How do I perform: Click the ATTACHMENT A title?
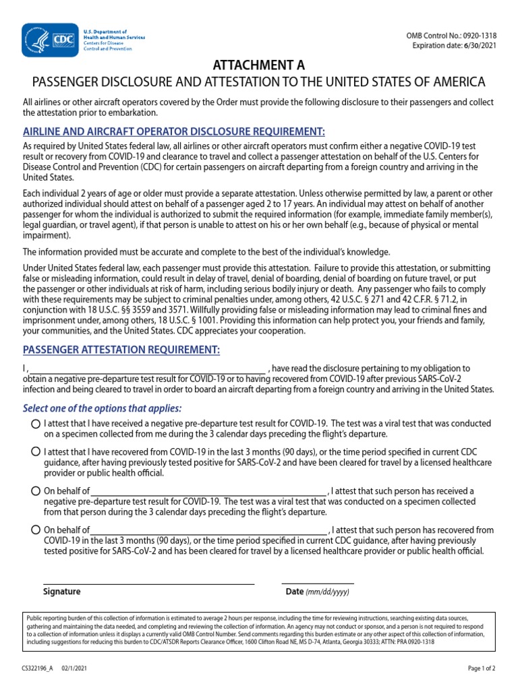(259, 65)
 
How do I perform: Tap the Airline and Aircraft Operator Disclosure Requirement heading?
(174, 131)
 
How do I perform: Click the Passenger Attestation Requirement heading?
(121, 350)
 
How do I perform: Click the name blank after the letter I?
(148, 369)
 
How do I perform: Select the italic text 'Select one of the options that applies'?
(103, 408)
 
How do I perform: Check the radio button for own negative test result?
(35, 424)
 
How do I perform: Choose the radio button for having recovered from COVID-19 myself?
(35, 451)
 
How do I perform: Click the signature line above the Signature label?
(148, 582)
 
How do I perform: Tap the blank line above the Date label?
(318, 582)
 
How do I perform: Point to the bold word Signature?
(61, 592)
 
